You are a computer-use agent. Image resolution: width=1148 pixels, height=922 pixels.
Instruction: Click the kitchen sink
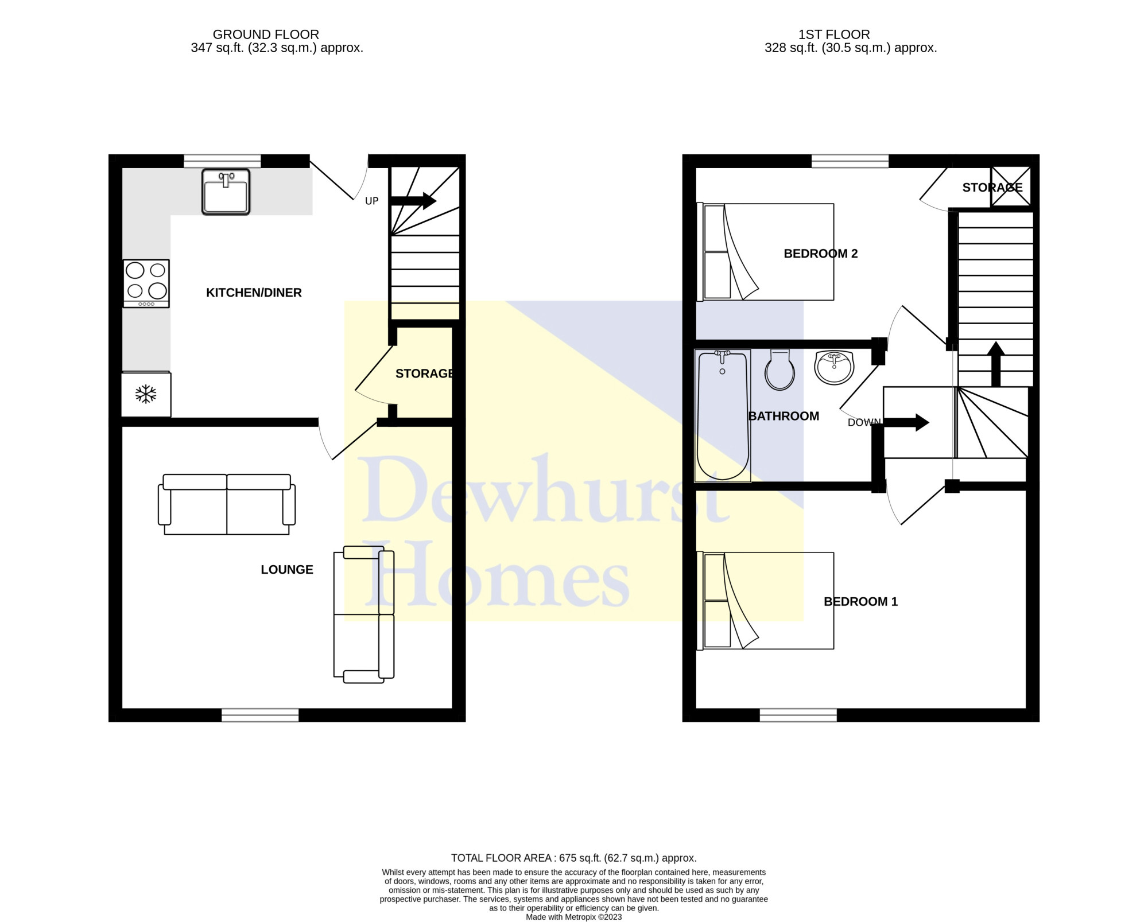click(226, 192)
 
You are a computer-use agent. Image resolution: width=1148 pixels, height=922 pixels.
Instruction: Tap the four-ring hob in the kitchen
click(146, 283)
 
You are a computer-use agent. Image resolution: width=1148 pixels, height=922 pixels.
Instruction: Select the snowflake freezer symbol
click(146, 394)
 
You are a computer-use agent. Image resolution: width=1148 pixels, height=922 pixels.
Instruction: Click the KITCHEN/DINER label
click(254, 293)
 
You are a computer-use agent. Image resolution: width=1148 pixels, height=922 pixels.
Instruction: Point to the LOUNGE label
click(287, 570)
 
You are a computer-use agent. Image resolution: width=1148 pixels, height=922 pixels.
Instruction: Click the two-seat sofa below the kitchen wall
click(227, 504)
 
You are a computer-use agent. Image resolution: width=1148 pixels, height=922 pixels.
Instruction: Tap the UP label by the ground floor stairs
click(372, 201)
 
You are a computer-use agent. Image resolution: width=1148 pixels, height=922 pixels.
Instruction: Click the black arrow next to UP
click(413, 200)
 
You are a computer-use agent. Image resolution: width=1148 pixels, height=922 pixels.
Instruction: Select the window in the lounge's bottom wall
click(260, 714)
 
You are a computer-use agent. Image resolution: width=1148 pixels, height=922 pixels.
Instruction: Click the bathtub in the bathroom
click(723, 416)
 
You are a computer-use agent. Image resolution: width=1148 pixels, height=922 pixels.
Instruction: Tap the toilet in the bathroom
click(779, 370)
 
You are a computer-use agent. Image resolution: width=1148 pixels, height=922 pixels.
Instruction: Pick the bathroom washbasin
click(834, 367)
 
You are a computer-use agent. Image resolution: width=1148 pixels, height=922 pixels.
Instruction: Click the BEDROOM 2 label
click(821, 254)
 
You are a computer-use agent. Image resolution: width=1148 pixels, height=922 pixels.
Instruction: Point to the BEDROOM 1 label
click(860, 602)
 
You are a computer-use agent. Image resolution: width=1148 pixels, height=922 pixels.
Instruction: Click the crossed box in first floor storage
click(1011, 186)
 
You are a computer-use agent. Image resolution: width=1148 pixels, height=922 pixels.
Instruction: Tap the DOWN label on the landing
click(864, 422)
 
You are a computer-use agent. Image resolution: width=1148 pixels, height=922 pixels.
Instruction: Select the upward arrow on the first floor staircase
click(996, 364)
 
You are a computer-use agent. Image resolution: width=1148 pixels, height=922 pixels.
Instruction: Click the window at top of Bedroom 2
click(850, 161)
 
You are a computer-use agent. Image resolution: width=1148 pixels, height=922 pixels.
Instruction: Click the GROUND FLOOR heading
click(266, 34)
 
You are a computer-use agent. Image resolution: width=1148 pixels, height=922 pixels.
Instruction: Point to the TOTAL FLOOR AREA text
click(574, 858)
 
